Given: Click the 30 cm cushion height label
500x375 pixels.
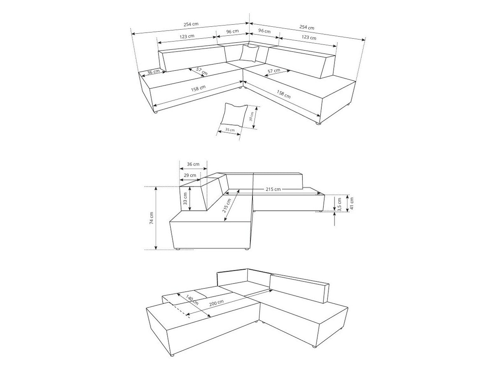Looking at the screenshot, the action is pos(251,116).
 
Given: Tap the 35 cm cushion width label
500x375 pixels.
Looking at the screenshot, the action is pos(230,130).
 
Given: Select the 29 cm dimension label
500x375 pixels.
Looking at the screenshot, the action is pos(190,175).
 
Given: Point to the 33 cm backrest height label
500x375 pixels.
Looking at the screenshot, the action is pos(185,198).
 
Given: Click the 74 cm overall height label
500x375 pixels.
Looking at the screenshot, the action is pos(152,218).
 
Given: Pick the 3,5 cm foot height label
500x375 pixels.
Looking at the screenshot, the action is pos(340,205).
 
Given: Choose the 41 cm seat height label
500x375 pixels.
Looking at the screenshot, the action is pos(352,203).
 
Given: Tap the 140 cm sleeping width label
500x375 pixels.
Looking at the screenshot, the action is pos(192,300).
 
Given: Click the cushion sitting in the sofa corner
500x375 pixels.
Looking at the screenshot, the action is pos(250,53).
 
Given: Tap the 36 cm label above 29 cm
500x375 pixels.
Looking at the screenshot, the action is pos(193,164).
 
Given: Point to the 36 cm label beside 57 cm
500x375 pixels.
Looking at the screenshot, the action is pos(153,72).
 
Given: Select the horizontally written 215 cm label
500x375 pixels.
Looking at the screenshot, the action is pos(273,189).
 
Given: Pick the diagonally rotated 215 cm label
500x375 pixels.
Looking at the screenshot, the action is pos(227,205).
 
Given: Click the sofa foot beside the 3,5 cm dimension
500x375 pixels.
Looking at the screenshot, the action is pos(321,211).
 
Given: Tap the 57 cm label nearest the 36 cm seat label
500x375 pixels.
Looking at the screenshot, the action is pos(201,71).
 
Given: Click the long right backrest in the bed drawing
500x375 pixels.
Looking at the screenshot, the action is pos(299,289).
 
